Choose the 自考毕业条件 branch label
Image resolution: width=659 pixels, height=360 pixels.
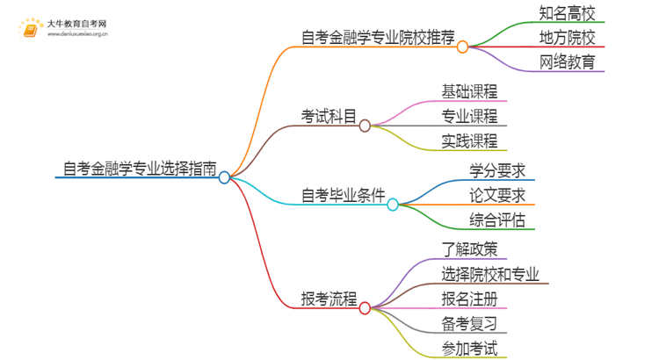click(x=343, y=194)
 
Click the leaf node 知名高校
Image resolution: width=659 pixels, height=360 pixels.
click(x=567, y=13)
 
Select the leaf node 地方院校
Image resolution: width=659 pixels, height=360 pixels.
click(x=567, y=38)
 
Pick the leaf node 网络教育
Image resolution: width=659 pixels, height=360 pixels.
click(x=567, y=62)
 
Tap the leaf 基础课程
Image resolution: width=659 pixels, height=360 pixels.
click(x=469, y=90)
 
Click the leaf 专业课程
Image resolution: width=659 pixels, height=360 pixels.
click(x=469, y=116)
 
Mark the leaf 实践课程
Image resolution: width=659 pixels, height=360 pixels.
click(x=469, y=140)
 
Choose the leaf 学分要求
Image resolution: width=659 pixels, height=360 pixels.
click(x=497, y=169)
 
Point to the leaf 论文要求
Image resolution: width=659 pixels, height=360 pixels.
click(x=497, y=194)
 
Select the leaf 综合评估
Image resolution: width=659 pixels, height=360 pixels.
click(x=497, y=220)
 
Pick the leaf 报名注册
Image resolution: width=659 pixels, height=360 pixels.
click(x=469, y=299)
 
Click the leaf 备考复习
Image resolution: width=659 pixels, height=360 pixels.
click(x=469, y=324)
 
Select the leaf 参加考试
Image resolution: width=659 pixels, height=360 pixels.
click(x=469, y=349)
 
